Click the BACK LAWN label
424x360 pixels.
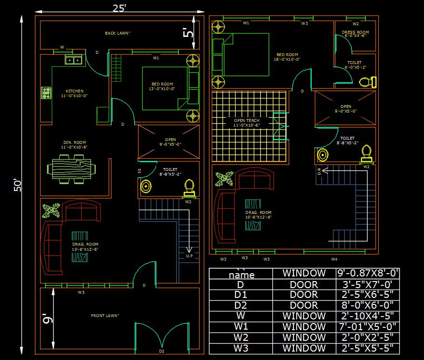click(118, 33)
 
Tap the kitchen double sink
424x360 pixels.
click(73, 60)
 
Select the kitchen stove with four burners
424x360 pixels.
click(46, 92)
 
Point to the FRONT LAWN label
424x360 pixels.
click(105, 316)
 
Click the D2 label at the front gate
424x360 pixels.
click(162, 351)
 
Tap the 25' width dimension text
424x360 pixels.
click(119, 8)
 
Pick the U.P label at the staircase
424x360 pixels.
click(189, 256)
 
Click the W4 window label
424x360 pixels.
click(334, 259)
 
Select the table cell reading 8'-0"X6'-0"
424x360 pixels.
click(368, 305)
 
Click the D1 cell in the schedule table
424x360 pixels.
click(241, 295)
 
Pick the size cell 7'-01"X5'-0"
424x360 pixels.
click(368, 326)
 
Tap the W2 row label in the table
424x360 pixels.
click(241, 337)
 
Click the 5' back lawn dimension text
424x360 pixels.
click(188, 33)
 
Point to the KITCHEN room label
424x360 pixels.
click(75, 91)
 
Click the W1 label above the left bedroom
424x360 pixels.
click(156, 58)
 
